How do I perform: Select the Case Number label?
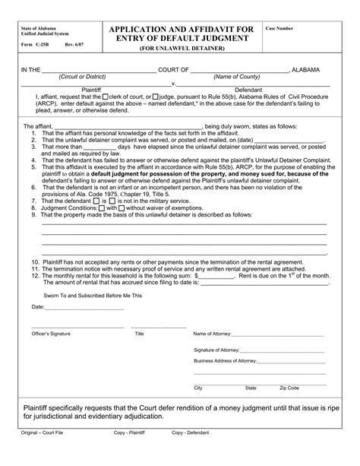coord(279,27)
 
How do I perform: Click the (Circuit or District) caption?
coord(84,76)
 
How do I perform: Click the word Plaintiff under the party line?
coord(84,90)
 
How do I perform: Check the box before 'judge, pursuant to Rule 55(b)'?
coord(156,97)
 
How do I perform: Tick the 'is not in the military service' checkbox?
coord(114,200)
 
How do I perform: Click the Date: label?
coord(38,307)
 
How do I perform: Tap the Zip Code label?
coord(289,388)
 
